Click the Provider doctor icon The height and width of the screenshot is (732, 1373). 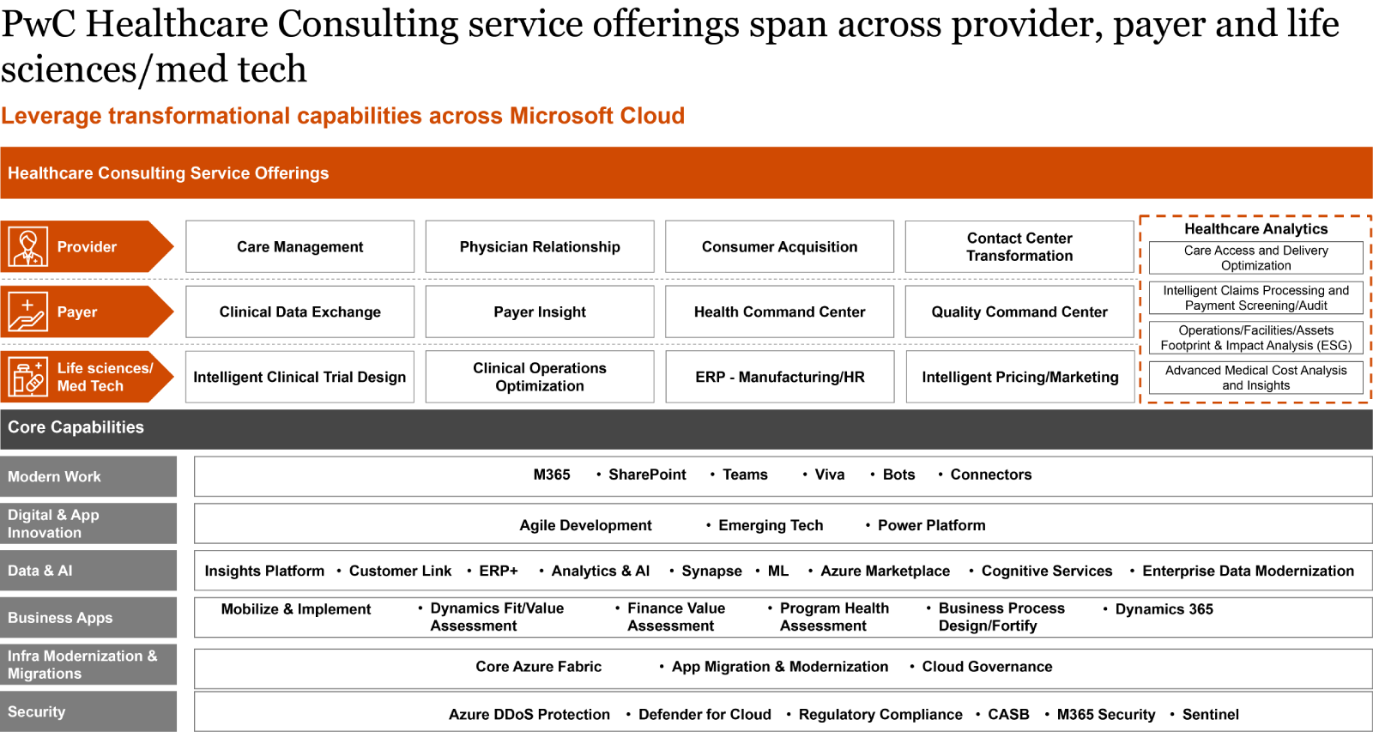coord(27,247)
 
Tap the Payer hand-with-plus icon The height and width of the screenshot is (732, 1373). coord(27,312)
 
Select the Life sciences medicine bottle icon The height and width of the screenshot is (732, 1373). coord(27,377)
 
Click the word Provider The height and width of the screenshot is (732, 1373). coord(87,247)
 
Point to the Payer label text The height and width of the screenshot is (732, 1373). coord(77,312)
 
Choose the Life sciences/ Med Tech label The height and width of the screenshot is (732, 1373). coord(105,377)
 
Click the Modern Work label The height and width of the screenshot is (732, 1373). coord(54,477)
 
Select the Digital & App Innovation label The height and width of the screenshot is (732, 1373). coord(53,523)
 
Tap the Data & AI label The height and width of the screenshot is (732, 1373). coord(40,571)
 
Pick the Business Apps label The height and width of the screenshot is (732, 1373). coord(60,618)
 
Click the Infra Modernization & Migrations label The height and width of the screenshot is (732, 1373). coord(82,665)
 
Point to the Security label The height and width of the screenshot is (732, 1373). coord(37,712)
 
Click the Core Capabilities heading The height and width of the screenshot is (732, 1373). coord(76,427)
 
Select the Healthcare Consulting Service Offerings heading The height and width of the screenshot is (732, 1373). coord(168,173)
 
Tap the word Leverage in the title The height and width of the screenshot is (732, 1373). coord(51,116)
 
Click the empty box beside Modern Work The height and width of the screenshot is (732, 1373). coord(783,476)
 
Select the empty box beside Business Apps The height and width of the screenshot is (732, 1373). coord(783,618)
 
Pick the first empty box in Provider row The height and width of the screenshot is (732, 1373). coord(300,246)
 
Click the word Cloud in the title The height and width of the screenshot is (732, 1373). coord(652,116)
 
